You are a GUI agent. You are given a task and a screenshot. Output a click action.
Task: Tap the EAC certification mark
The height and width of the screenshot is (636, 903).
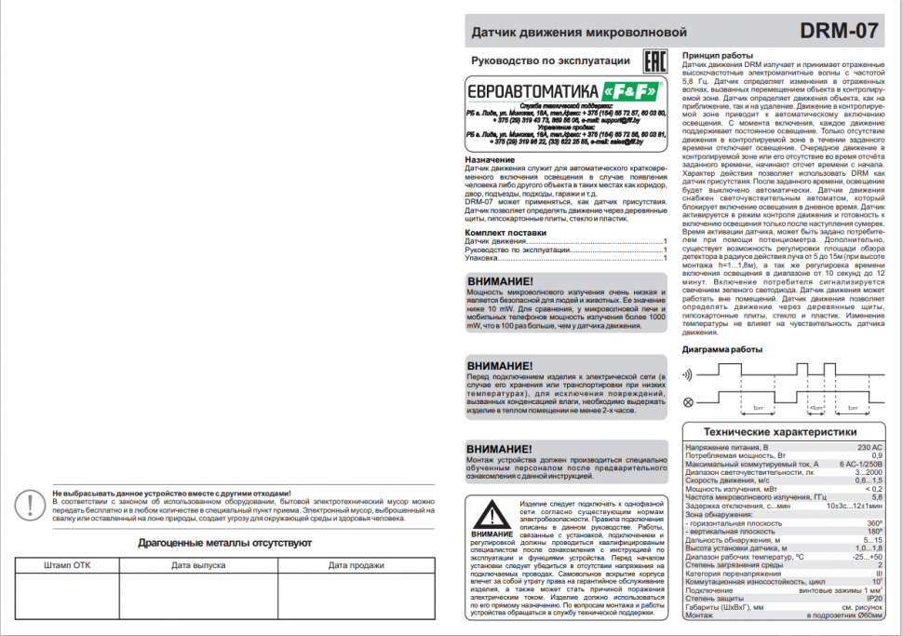click(655, 62)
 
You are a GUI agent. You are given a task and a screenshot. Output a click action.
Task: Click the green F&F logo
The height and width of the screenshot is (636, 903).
click(632, 92)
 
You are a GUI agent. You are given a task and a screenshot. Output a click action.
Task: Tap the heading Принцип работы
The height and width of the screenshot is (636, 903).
click(718, 55)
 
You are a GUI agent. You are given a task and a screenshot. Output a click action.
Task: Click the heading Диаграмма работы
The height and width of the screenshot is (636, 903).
click(722, 349)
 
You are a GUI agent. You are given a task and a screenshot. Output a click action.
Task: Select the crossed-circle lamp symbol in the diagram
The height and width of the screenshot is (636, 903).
click(689, 402)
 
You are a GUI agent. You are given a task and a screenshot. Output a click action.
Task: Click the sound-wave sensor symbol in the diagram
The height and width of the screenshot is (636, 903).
click(689, 374)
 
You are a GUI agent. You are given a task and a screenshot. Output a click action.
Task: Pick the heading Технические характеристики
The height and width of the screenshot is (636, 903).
click(780, 432)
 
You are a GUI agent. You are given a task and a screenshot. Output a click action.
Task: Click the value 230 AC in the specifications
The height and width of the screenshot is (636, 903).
click(868, 447)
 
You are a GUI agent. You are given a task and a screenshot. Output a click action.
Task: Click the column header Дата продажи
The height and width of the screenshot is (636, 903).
click(356, 565)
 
